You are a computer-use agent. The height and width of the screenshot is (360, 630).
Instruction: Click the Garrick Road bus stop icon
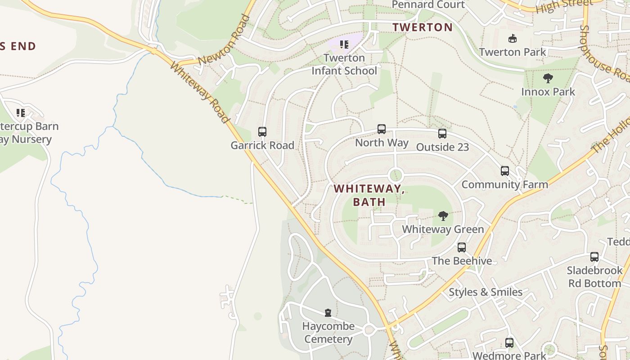coord(262,132)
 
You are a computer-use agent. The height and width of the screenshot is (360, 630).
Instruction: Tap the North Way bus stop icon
coord(382,129)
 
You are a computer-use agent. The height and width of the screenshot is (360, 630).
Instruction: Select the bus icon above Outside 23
coord(442,134)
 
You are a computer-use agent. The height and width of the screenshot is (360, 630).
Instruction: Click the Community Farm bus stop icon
coord(505,171)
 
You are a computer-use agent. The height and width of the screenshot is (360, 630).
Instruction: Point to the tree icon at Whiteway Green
coord(443,216)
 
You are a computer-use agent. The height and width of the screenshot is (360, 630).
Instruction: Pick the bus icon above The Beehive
coord(462,247)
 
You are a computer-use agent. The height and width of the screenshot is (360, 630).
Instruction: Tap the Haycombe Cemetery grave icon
coord(328,313)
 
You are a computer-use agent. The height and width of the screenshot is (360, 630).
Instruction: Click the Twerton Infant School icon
coord(344,45)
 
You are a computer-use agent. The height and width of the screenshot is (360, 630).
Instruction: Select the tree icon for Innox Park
coord(548,78)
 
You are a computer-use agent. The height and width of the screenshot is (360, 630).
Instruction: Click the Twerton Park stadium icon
coord(513,39)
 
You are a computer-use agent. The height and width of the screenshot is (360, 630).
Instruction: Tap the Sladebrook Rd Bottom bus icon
coord(594,257)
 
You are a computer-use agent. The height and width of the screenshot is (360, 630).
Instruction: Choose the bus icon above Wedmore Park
coord(509,343)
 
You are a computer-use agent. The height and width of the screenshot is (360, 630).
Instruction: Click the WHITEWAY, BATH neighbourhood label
coord(369,195)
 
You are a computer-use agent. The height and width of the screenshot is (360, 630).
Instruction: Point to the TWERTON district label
coord(422,27)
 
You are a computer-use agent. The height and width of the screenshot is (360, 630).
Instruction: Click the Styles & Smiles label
coord(486,292)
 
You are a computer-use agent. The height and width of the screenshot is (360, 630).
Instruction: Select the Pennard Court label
coord(428,4)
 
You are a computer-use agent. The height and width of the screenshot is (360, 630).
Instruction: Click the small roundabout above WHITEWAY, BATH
coord(396,175)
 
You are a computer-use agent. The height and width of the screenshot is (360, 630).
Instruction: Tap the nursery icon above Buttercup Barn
coord(21,112)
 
